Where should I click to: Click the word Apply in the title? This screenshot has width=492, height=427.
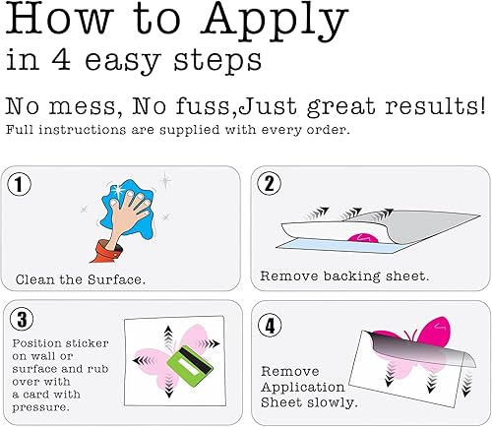pos(275,22)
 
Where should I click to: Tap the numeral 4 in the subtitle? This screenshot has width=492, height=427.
pos(61,59)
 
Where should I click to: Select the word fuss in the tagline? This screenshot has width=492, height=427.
pos(203,106)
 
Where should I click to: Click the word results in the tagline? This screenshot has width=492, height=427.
pos(435,106)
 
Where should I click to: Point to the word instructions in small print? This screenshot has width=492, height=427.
pos(82,130)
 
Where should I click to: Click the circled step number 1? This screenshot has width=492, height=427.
pos(20,184)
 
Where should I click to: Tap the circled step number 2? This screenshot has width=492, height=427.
pos(269,183)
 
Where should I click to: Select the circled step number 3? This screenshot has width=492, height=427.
pos(22,319)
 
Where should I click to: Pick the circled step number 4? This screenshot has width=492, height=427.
pos(270,326)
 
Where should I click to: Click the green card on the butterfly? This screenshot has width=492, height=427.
pos(190,361)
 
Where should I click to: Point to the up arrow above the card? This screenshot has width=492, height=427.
pos(168,336)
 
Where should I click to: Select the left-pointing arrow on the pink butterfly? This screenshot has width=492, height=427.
pos(144,361)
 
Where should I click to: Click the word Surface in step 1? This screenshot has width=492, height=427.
pos(116,279)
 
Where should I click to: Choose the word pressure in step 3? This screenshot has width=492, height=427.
pos(41,407)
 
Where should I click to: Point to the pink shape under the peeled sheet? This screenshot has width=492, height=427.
pos(363,238)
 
